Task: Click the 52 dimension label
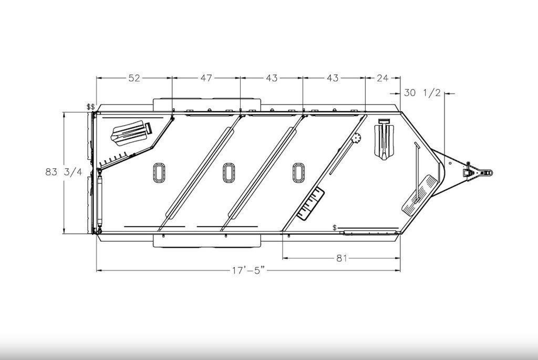click(x=134, y=78)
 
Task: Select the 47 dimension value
click(x=205, y=78)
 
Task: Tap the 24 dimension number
click(x=382, y=78)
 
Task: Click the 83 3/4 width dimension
click(x=64, y=172)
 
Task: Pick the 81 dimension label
click(x=342, y=258)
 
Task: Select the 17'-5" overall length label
click(x=247, y=271)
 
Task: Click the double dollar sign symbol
click(x=91, y=107)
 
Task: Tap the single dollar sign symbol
click(x=335, y=227)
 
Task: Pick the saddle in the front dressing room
click(x=385, y=139)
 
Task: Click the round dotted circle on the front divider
click(x=357, y=138)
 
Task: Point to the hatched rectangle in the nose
click(x=421, y=193)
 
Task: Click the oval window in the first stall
click(x=159, y=172)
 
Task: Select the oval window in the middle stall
click(x=229, y=172)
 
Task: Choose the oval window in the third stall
click(x=298, y=172)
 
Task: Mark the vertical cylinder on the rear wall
click(x=98, y=202)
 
